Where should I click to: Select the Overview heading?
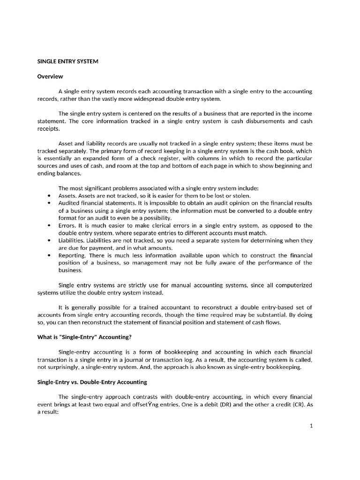point(50,76)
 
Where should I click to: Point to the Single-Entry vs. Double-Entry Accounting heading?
point(92,382)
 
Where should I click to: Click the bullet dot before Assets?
point(50,195)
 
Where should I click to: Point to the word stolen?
point(241,195)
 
